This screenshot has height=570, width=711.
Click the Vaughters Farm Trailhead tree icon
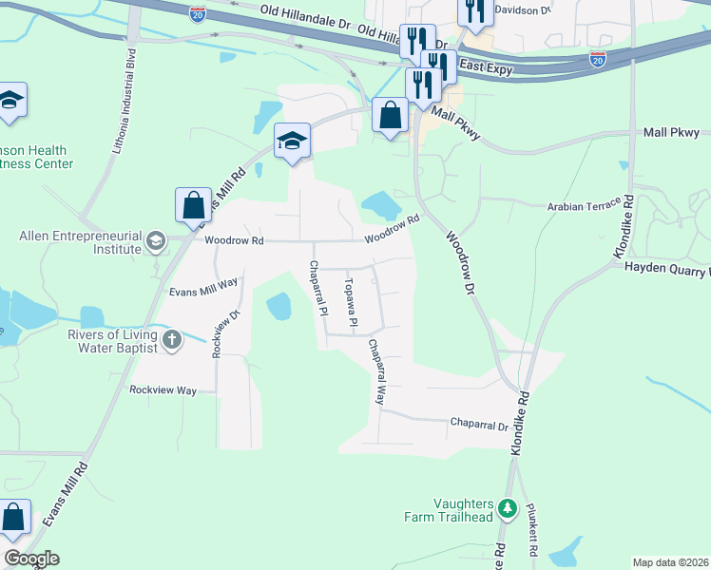(509, 509)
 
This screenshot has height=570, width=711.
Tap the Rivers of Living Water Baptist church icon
(172, 340)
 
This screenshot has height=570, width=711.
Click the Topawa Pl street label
(350, 303)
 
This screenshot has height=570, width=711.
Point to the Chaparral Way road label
(376, 372)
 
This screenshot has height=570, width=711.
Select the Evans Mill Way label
(202, 288)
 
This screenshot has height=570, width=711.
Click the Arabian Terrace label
(583, 205)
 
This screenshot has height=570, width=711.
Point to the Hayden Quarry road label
(666, 268)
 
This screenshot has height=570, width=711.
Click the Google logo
(31, 559)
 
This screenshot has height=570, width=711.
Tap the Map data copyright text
(671, 562)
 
